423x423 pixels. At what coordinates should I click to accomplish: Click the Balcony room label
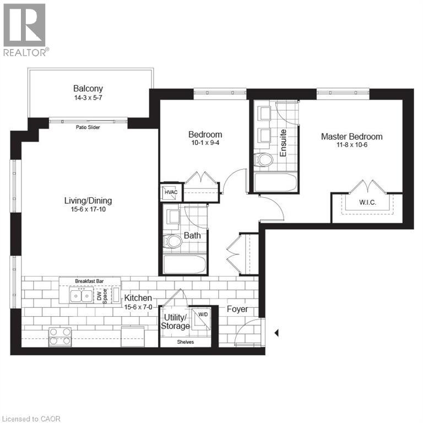88,88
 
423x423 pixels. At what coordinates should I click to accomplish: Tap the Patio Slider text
88,127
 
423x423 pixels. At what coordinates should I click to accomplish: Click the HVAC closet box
170,193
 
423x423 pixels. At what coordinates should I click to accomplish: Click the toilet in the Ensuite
265,160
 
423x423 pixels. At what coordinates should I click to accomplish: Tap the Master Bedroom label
351,137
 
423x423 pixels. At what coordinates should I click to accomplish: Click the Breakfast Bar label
89,281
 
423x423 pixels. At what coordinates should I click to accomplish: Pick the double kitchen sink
81,296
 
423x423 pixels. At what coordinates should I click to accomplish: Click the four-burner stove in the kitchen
59,336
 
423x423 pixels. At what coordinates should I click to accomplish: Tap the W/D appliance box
203,315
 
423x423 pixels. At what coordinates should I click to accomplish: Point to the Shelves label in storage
185,342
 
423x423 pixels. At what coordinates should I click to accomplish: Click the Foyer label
237,309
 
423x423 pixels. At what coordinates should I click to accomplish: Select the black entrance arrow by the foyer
277,333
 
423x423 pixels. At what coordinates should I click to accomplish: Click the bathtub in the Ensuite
275,182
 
